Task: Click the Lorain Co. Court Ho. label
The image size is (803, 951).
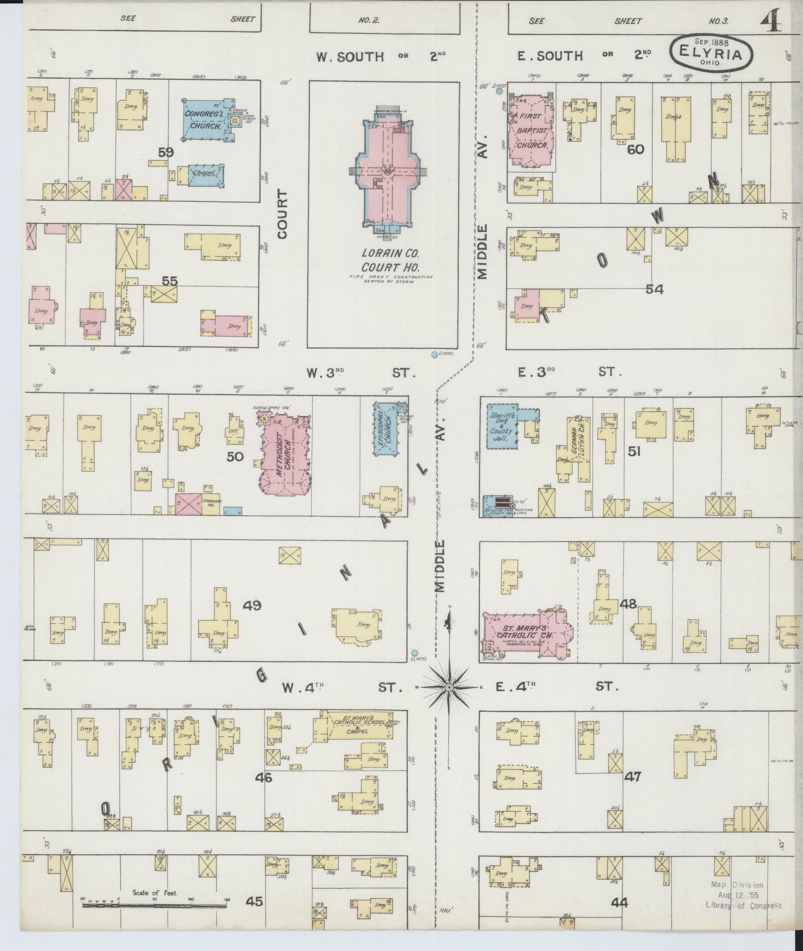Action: (390, 260)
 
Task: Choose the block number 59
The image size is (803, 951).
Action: (166, 152)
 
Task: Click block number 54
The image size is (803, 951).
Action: (655, 289)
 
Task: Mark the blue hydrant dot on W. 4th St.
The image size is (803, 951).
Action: (415, 653)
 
